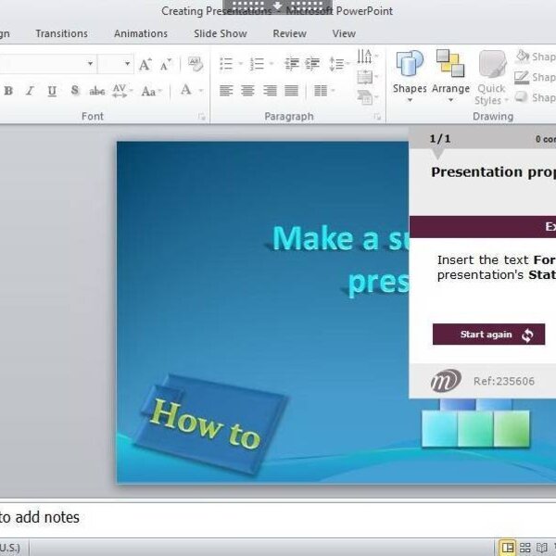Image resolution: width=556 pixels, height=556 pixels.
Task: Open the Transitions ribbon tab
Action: click(62, 33)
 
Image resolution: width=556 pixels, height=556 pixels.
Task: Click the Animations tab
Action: click(141, 33)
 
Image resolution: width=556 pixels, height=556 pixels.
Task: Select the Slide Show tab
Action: click(221, 33)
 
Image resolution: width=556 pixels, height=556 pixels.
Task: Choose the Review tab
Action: click(289, 33)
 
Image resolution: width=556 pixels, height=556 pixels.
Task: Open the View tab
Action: click(344, 33)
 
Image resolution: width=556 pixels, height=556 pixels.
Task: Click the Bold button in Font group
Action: click(8, 91)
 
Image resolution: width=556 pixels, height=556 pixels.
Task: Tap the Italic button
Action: click(30, 91)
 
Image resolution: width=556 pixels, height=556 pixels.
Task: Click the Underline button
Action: click(52, 91)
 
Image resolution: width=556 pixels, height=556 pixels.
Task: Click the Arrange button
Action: click(451, 74)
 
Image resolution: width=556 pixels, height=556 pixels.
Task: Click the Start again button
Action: click(488, 335)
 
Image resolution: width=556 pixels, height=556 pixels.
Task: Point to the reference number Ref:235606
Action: click(503, 381)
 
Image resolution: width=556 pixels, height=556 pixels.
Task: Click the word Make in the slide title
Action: click(313, 238)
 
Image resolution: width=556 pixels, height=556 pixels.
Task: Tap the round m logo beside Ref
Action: click(446, 380)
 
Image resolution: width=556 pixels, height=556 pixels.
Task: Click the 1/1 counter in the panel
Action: click(440, 139)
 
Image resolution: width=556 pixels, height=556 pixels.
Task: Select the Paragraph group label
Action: click(289, 117)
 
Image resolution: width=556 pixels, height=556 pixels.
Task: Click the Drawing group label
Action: click(492, 117)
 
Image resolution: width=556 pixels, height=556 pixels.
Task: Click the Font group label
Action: click(93, 117)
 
